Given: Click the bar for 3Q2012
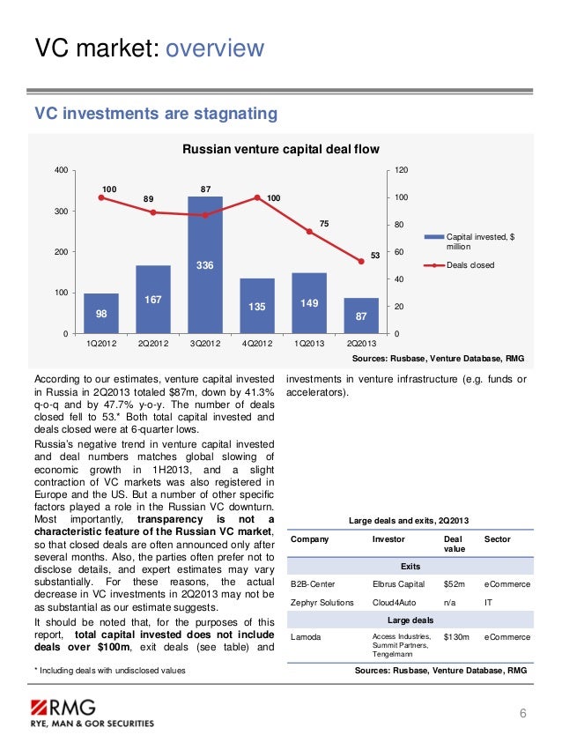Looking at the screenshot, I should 205,264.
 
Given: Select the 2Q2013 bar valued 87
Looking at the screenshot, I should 361,315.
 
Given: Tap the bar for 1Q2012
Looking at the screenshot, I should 101,313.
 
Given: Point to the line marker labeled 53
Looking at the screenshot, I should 361,261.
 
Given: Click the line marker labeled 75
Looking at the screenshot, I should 309,232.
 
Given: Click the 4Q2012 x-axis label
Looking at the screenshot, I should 256,343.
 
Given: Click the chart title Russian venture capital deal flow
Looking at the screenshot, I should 280,150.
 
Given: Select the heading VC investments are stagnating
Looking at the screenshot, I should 155,114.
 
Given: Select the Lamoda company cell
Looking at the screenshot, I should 306,636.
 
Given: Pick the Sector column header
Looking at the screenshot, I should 498,538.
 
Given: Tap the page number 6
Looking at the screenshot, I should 523,713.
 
